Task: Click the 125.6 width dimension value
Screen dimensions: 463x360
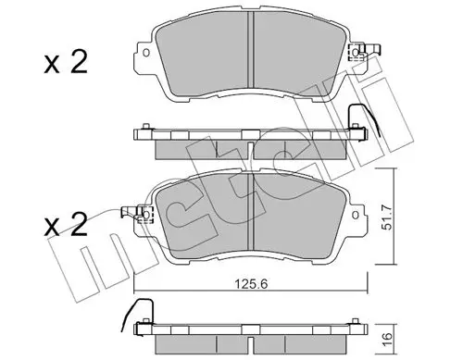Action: point(251,283)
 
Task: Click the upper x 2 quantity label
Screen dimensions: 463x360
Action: point(66,62)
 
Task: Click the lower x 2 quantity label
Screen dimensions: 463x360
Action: point(66,225)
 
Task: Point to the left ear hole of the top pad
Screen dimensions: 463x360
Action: point(146,53)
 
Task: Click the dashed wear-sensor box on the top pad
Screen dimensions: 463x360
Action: point(354,53)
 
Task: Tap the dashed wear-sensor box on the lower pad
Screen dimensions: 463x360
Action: point(145,214)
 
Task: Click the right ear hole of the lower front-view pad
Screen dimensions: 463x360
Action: point(356,215)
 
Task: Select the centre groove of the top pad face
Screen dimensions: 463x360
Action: point(251,50)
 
